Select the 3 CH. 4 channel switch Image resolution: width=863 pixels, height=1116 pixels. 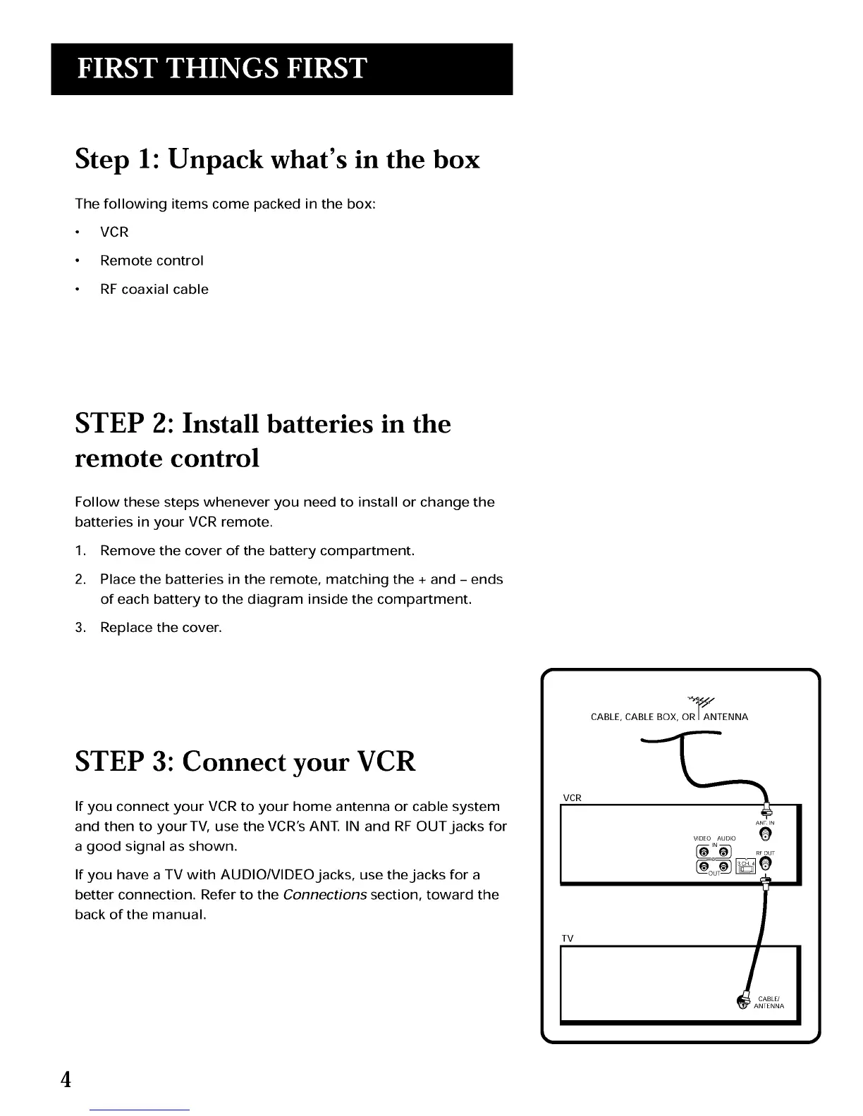745,866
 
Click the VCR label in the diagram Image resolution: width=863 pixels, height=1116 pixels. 572,798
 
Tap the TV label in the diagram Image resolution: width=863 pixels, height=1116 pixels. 568,938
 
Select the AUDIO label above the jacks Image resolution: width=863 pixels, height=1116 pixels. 727,838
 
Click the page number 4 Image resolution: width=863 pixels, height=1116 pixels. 66,1079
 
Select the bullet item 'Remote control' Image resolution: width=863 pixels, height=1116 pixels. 152,261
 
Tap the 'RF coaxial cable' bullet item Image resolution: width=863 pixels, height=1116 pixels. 154,290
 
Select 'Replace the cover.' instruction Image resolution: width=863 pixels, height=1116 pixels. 161,628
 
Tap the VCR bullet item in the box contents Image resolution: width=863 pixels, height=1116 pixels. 114,232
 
